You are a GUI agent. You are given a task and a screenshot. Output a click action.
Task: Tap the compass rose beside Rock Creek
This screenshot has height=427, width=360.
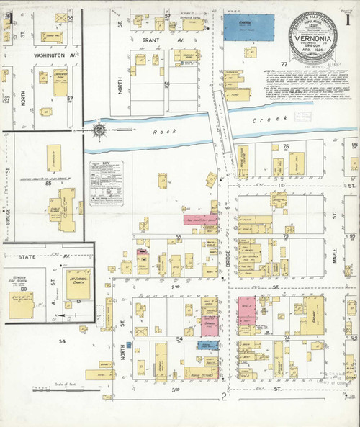(99, 130)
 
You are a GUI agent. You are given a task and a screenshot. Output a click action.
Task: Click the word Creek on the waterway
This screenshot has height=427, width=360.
(264, 122)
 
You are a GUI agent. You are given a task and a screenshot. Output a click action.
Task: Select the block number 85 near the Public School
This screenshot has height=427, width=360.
(50, 183)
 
